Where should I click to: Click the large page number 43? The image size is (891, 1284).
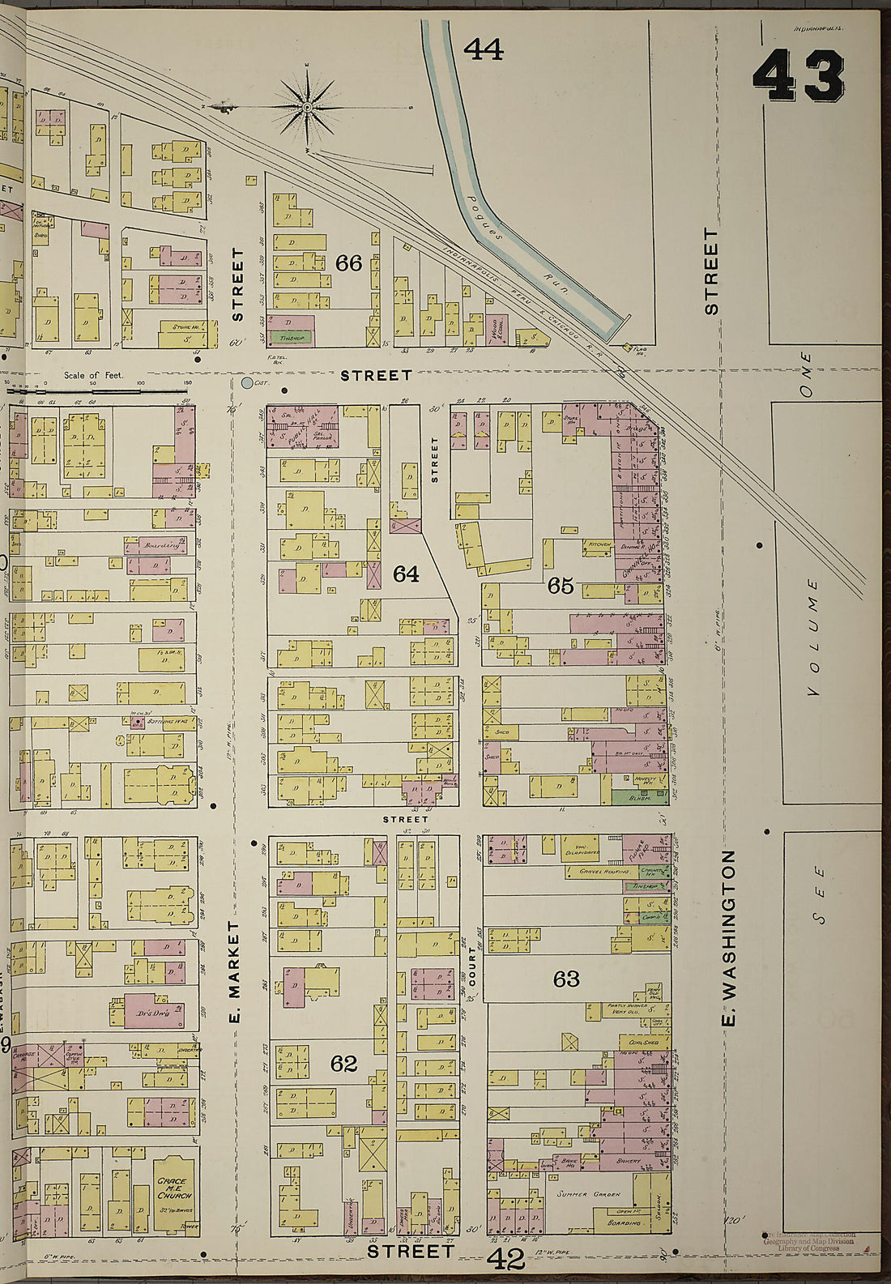[799, 75]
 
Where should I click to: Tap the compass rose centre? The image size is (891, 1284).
[308, 107]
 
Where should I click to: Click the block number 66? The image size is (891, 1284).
[348, 263]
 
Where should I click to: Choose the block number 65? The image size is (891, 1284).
[561, 586]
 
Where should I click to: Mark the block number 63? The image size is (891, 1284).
[565, 979]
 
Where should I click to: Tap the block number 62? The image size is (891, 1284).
[343, 1063]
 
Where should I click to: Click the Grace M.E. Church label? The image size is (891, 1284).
[174, 1188]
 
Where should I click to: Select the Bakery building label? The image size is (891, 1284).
[628, 1161]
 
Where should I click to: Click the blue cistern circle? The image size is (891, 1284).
[247, 382]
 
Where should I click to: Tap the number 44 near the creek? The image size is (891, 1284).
[483, 50]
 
